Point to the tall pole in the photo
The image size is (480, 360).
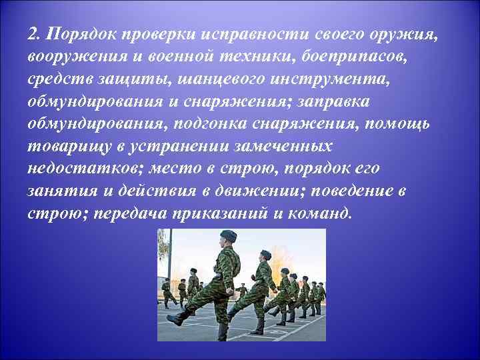[169, 260]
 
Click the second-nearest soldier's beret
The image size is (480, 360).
[265, 254]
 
